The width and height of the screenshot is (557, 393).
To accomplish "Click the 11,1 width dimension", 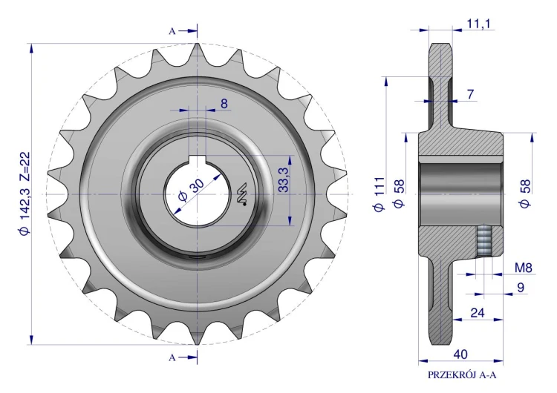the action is tap(478, 24).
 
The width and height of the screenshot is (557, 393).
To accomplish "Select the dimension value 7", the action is tap(470, 94).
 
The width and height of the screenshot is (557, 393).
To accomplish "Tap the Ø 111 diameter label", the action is tap(380, 194).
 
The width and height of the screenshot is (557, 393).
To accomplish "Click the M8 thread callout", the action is tap(524, 268).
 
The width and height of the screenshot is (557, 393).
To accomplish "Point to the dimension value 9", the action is tap(521, 287).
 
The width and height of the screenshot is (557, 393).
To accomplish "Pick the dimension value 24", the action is tap(478, 313).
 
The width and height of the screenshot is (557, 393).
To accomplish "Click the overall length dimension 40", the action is tap(460, 354).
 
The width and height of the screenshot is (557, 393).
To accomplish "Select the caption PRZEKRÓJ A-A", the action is tap(462, 375).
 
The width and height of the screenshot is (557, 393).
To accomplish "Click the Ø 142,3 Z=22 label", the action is tap(25, 194).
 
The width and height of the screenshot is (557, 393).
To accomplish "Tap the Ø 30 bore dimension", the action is tap(191, 190).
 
